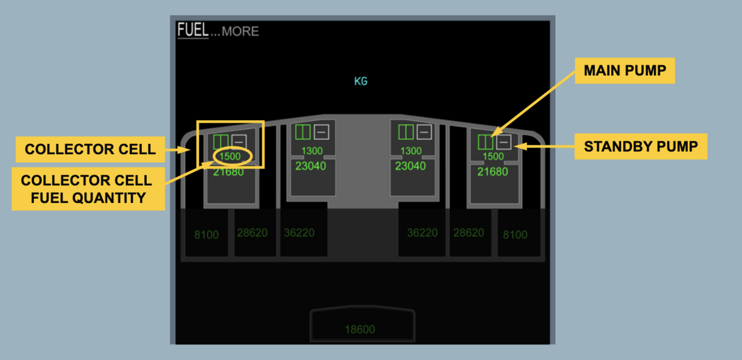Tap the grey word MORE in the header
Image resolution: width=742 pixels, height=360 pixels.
click(240, 31)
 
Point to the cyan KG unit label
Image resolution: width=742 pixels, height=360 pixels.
click(361, 81)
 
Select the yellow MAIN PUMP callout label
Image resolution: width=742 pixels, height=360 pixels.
click(624, 71)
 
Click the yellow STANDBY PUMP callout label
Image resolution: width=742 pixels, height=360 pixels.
click(640, 146)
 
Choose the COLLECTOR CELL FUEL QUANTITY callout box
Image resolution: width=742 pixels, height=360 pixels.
click(88, 189)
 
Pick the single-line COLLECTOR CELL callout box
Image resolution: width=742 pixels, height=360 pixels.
click(90, 150)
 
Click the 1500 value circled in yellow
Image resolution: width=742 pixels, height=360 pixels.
click(230, 156)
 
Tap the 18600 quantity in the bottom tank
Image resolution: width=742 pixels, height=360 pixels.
click(360, 329)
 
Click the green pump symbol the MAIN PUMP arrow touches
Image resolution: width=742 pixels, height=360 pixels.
click(486, 142)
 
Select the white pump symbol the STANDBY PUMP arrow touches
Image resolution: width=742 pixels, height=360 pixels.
click(504, 142)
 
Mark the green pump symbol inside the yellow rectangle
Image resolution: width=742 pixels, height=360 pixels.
click(221, 141)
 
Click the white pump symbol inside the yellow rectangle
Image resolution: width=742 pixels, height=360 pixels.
click(239, 141)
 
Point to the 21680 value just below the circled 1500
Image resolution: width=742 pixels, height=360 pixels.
click(229, 172)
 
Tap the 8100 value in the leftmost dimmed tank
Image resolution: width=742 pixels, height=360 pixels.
click(206, 235)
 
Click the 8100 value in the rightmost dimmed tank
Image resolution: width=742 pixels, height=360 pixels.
click(515, 235)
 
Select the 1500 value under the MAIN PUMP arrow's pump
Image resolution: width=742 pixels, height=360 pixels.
click(493, 156)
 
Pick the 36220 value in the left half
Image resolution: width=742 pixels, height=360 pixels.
click(299, 233)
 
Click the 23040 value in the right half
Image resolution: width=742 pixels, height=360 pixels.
click(410, 166)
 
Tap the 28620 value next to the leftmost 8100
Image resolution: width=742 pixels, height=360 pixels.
click(253, 233)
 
